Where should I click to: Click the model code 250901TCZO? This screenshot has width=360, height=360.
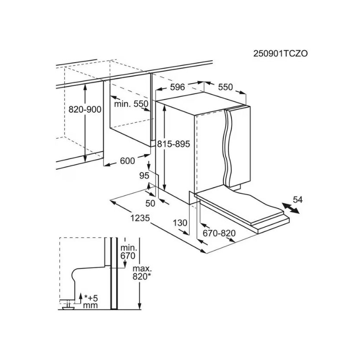(280, 53)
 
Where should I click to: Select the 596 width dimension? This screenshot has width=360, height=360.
(178, 87)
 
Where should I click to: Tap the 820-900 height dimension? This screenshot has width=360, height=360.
(85, 109)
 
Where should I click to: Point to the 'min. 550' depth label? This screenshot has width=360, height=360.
(131, 104)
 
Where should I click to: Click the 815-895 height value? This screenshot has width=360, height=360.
(173, 144)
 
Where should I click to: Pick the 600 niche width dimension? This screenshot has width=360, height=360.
(128, 161)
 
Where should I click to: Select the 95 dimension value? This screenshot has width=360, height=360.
(144, 176)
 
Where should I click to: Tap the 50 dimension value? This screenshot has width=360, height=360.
(151, 203)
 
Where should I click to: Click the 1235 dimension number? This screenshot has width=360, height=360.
(140, 218)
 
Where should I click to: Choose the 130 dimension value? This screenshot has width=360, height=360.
(180, 223)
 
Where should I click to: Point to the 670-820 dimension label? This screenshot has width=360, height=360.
(219, 233)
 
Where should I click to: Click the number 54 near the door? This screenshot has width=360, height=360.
(298, 200)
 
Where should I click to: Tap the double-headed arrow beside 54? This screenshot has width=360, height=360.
(291, 208)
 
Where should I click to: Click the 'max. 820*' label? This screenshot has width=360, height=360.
(142, 272)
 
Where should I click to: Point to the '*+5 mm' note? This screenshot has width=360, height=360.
(91, 302)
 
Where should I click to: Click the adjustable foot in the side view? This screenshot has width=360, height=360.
(68, 306)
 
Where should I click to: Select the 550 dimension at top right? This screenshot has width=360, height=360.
(225, 87)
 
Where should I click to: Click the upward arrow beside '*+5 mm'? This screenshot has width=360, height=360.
(80, 298)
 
